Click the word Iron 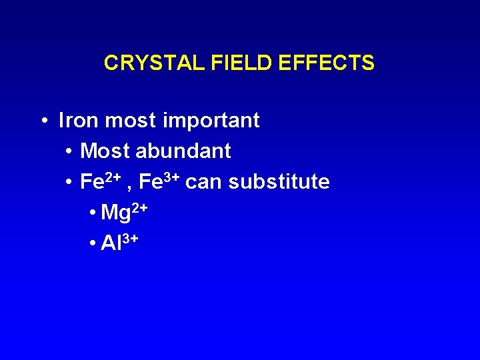[79, 121]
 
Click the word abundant [183, 151]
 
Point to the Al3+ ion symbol [119, 243]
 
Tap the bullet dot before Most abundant [70, 152]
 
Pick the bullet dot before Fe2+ [70, 183]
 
